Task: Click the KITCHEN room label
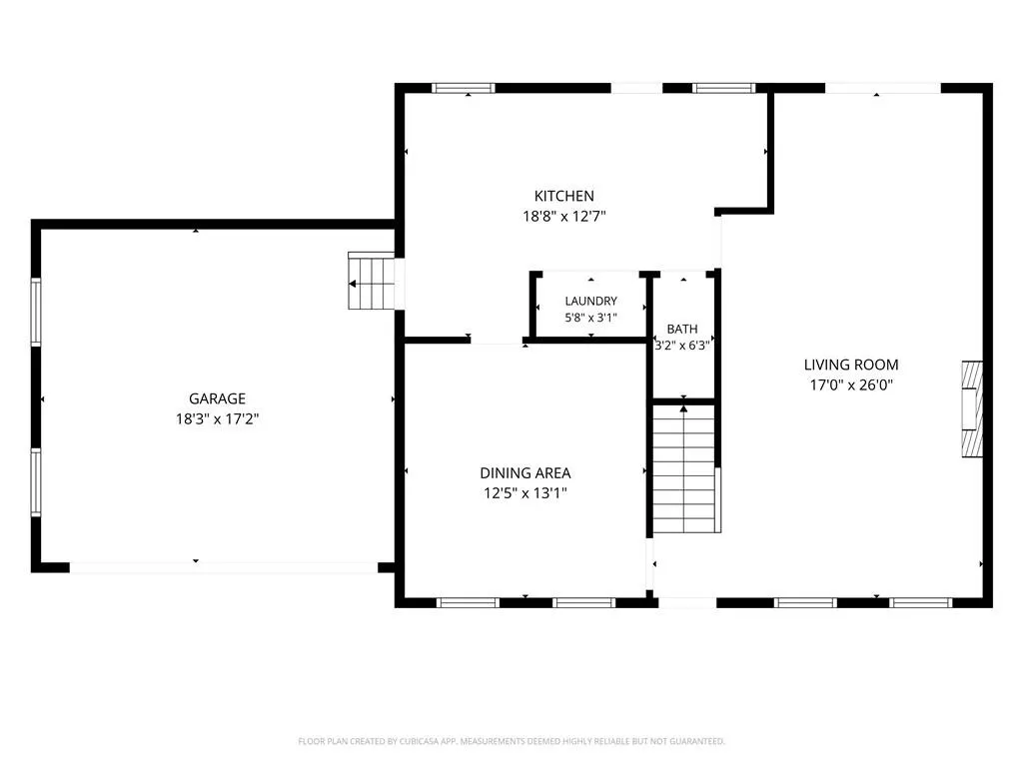coord(563,196)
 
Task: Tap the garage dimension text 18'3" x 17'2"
coord(217,418)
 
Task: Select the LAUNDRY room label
coord(591,301)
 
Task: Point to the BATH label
coord(682,330)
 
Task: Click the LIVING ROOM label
coord(851,365)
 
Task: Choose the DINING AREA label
coord(525,472)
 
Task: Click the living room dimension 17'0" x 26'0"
coord(851,384)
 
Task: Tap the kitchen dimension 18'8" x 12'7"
coord(563,216)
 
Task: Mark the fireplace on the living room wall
coord(972,408)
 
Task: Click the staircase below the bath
coord(685,469)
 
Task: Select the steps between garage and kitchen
coord(372,281)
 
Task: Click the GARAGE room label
coord(217,398)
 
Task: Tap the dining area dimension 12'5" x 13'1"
coord(525,493)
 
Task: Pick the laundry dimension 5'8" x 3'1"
coord(591,318)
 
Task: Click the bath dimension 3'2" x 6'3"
coord(682,346)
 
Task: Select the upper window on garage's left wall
coord(36,312)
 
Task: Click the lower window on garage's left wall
coord(36,482)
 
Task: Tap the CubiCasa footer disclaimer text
coord(511,741)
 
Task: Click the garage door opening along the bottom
coord(224,568)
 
